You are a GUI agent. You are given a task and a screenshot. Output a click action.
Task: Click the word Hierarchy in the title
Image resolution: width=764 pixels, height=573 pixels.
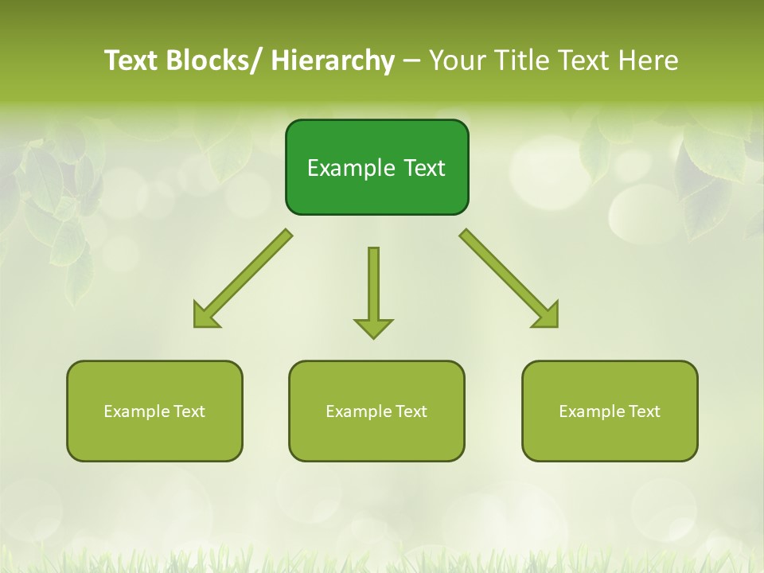click(x=333, y=60)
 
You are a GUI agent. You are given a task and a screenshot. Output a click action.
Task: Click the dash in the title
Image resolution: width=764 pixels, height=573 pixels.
click(x=411, y=60)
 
